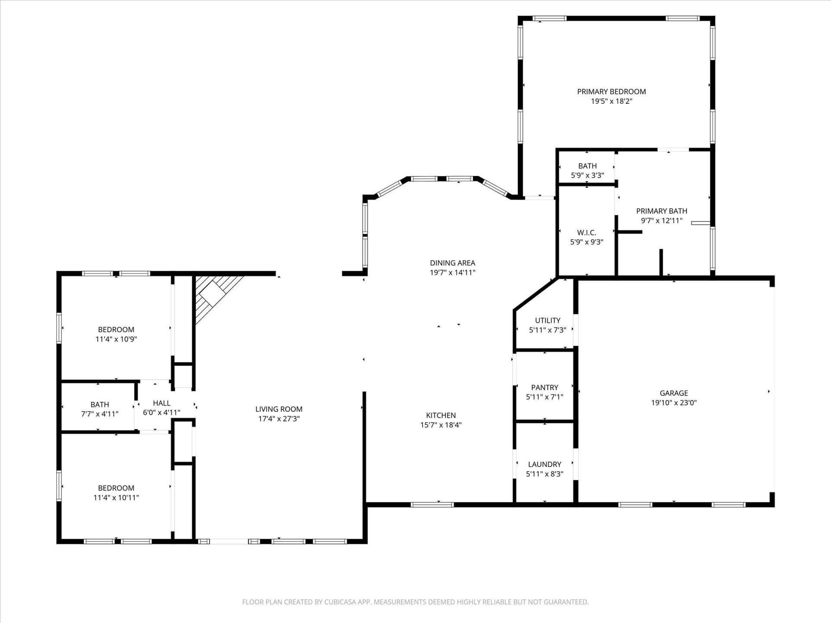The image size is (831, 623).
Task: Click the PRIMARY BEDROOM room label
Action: click(611, 92)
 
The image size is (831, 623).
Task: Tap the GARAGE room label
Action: click(674, 393)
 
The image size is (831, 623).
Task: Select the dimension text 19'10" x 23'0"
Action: click(674, 403)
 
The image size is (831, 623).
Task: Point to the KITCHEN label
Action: click(441, 415)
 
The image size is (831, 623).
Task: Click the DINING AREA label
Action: click(452, 263)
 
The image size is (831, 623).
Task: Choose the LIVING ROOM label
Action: click(279, 409)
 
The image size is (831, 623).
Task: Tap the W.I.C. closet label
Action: click(586, 233)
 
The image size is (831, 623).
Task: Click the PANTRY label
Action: click(544, 388)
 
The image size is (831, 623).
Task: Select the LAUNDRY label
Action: click(544, 465)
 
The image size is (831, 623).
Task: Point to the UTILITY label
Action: click(548, 321)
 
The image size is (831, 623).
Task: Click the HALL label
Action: click(161, 403)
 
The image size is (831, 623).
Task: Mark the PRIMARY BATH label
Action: click(661, 211)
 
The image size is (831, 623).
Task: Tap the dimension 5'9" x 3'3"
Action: click(587, 176)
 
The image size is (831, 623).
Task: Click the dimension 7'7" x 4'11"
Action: click(100, 414)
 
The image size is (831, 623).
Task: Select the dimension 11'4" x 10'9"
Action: click(116, 339)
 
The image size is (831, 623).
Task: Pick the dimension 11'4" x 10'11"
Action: click(116, 498)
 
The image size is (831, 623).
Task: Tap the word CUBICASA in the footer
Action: click(341, 602)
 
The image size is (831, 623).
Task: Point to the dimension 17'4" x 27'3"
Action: click(279, 419)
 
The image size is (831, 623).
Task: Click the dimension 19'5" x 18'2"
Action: click(611, 101)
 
